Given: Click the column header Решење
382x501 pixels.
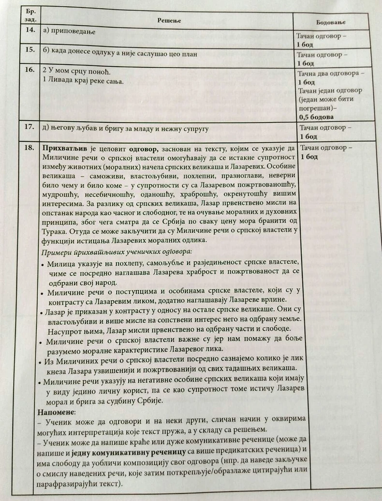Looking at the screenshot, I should pyautogui.click(x=170, y=19).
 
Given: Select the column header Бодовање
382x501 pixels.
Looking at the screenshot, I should pyautogui.click(x=330, y=23).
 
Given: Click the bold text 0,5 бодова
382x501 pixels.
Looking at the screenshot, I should pyautogui.click(x=317, y=117).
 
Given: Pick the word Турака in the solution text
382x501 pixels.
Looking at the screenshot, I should pyautogui.click(x=54, y=231).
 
